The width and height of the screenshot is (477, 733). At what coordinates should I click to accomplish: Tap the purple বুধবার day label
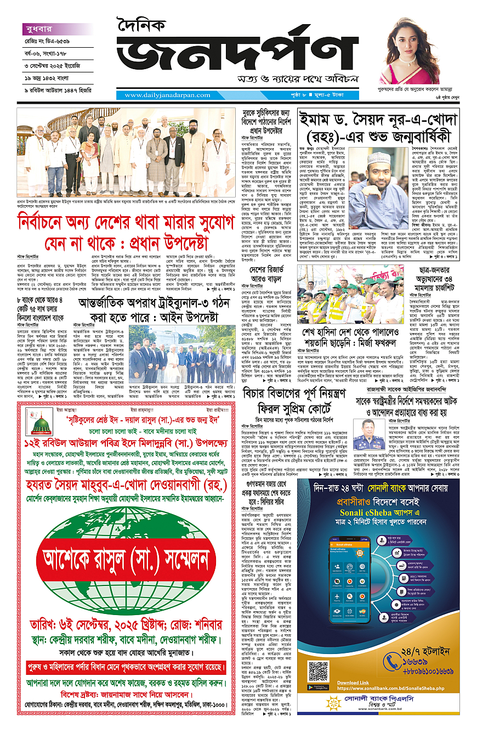click(39, 29)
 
